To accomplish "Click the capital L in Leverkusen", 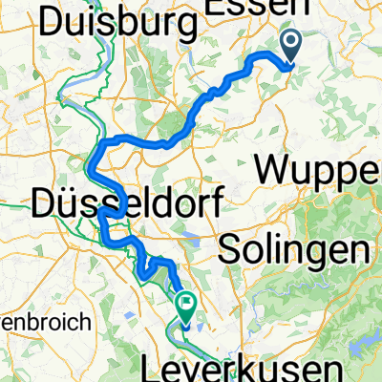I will tap(177, 368).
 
